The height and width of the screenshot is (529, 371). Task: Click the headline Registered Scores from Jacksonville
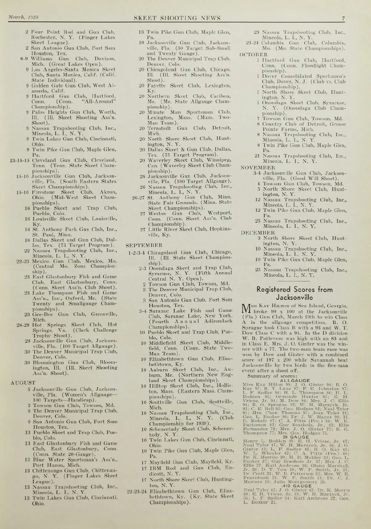pyautogui.click(x=294, y=294)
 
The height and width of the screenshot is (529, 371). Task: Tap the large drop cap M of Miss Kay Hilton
pyautogui.click(x=246, y=308)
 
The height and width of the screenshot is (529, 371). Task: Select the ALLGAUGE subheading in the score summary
pyautogui.click(x=295, y=381)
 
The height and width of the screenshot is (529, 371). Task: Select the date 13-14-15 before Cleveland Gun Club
pyautogui.click(x=20, y=160)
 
